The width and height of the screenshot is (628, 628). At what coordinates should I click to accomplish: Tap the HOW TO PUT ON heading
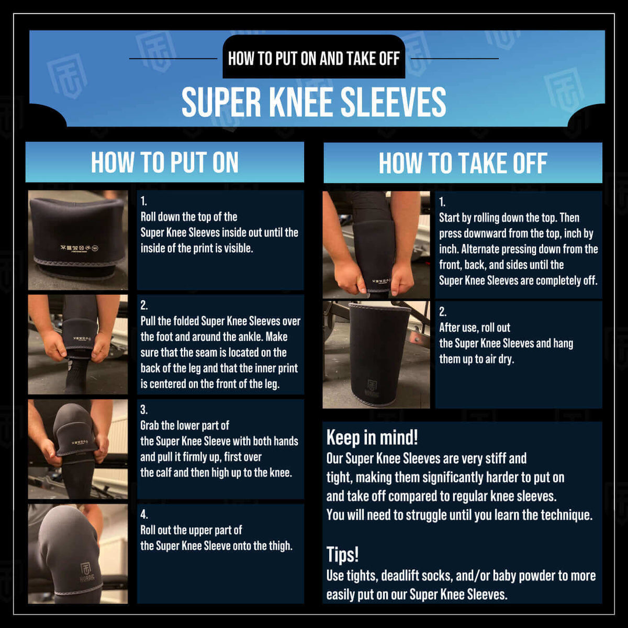tap(164, 162)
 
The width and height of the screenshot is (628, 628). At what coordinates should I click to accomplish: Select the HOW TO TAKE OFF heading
tap(463, 163)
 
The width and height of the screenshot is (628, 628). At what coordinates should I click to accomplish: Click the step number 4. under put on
tap(144, 514)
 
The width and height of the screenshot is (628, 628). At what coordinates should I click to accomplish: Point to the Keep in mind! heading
tap(372, 438)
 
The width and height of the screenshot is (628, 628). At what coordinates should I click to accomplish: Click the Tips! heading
tap(342, 554)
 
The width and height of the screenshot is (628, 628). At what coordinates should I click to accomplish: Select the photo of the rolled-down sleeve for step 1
tap(77, 240)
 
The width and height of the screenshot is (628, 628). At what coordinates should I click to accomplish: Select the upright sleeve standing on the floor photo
tap(376, 355)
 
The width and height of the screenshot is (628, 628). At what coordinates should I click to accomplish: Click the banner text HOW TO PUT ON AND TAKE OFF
tap(313, 58)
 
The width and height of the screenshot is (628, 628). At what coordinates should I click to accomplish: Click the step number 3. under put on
tap(144, 410)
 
